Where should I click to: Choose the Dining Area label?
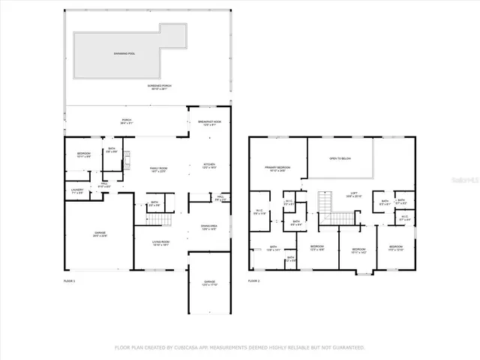pos(210,226)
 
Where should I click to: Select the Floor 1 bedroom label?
pos(82,155)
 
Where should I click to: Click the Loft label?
pos(352,194)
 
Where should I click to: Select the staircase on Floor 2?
pos(325,202)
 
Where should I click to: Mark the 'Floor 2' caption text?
pos(255,280)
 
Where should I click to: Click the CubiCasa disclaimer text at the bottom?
pos(239,347)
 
